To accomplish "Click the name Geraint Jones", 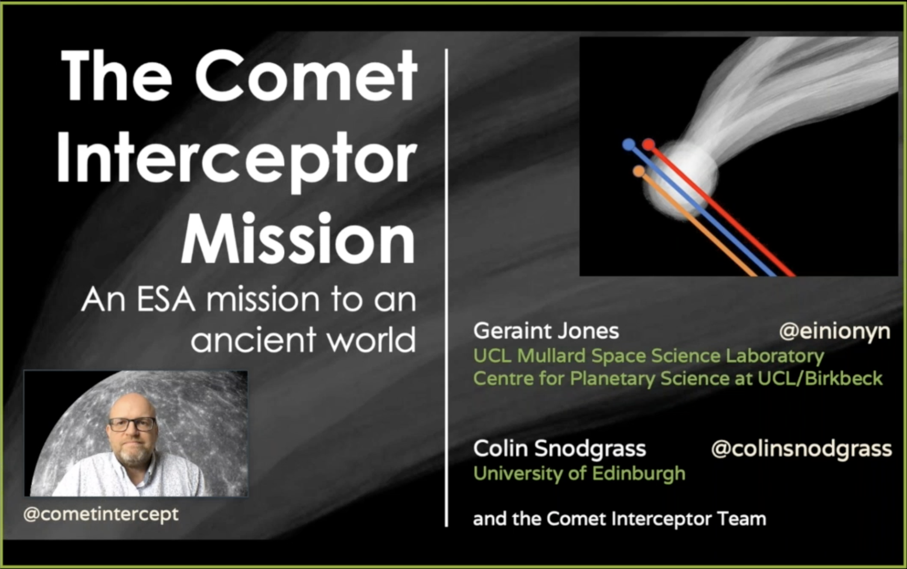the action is pos(546,331).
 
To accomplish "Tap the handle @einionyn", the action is pos(835,332).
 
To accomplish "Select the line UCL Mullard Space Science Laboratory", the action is pos(649,356).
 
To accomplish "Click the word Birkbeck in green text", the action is pos(844,378).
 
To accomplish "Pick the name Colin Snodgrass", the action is pos(560,448).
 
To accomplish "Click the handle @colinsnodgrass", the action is pos(801,449).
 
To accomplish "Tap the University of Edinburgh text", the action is pos(579,473).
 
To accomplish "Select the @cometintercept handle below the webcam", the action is pos(101,514).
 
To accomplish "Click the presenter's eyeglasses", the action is pos(132,424).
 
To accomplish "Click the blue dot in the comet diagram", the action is pos(628,145).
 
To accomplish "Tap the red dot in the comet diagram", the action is pos(649,145).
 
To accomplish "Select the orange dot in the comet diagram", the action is pos(639,172).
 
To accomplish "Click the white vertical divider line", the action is pos(446,287).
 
